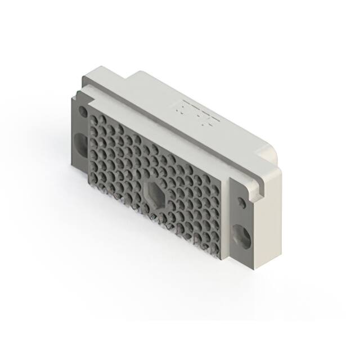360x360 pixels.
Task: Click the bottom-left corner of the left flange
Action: (x=72, y=164)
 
